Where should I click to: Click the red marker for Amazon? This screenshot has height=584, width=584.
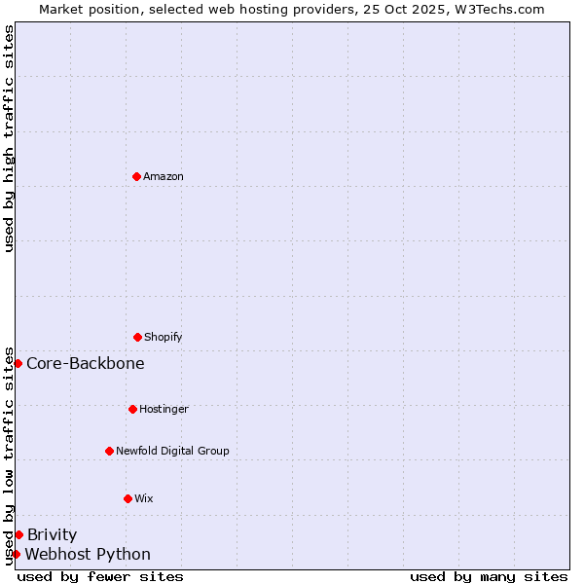click(136, 176)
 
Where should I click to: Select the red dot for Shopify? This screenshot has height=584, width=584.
click(137, 337)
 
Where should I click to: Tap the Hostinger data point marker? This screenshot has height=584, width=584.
click(132, 409)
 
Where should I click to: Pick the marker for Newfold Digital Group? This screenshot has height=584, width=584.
click(109, 451)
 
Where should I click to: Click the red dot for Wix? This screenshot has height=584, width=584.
click(128, 498)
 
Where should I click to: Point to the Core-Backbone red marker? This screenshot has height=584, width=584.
click(18, 363)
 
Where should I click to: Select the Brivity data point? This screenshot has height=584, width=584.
click(18, 534)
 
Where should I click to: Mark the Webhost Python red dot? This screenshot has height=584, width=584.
click(16, 554)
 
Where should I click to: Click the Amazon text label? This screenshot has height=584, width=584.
click(164, 177)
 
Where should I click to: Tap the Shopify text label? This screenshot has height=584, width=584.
click(164, 338)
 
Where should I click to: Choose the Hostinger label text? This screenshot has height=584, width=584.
click(164, 410)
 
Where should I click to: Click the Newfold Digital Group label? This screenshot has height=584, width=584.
click(172, 452)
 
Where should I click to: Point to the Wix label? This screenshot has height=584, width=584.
click(144, 499)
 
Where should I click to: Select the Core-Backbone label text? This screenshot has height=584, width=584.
click(86, 364)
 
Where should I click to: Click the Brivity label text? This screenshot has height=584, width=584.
click(52, 535)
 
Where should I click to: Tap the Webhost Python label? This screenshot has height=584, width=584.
click(88, 555)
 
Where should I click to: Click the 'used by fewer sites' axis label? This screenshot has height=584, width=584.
click(100, 576)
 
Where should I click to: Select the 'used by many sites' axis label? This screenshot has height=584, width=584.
click(489, 576)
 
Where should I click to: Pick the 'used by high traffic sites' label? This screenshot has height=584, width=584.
click(9, 138)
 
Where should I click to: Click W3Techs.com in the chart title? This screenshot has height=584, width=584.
click(496, 9)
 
